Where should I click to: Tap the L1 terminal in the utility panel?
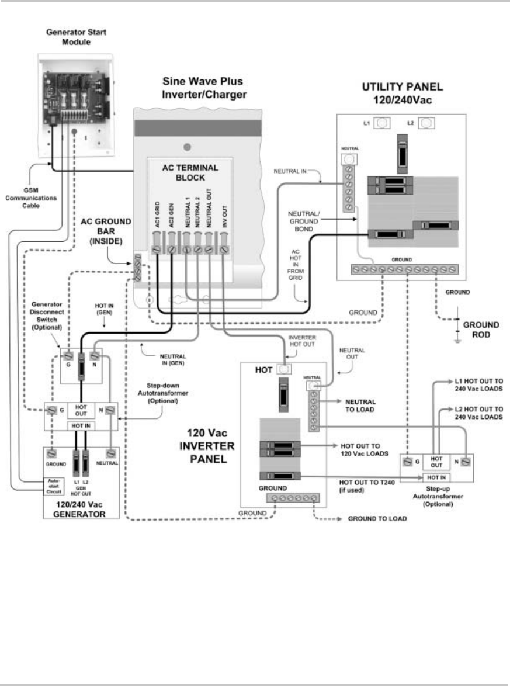(x=382, y=123)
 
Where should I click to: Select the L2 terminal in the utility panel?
(x=427, y=123)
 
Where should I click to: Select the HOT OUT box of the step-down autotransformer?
(x=81, y=410)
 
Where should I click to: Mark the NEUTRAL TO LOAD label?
(x=360, y=406)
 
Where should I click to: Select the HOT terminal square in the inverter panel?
(x=285, y=370)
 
